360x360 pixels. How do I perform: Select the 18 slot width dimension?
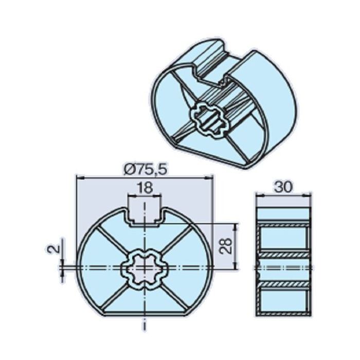pyautogui.click(x=145, y=188)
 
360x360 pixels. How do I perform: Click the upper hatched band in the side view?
pyautogui.click(x=283, y=226)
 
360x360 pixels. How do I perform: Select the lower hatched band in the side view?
pyautogui.click(x=283, y=284)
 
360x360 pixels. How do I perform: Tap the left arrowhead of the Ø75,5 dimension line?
pyautogui.click(x=78, y=177)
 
